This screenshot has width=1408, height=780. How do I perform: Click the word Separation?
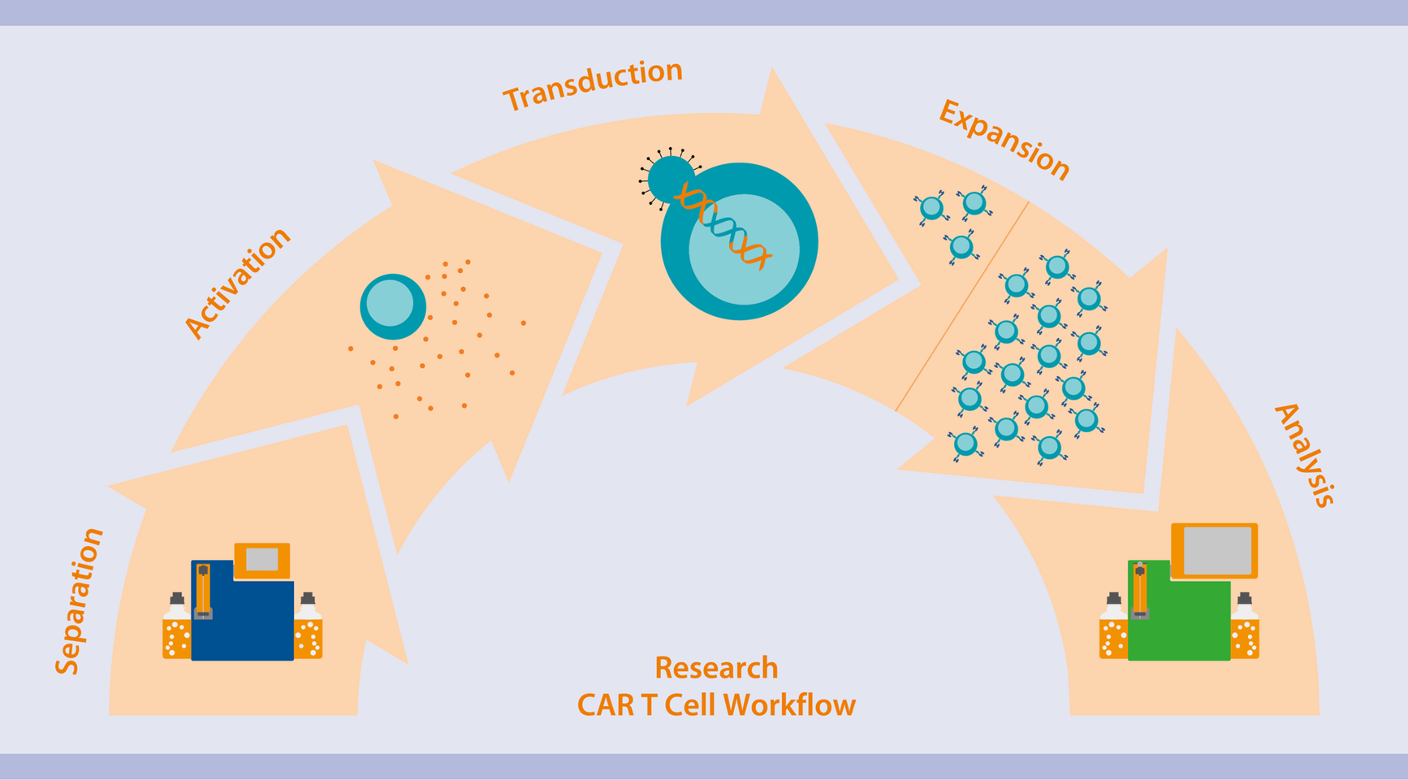pos(79,601)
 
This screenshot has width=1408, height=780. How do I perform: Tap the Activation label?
pos(236,282)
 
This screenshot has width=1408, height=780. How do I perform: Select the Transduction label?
pos(593,84)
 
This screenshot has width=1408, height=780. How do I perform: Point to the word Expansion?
pos(1004,139)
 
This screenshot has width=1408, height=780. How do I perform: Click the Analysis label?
pos(1305,455)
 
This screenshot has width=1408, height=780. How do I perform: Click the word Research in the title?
pos(716,668)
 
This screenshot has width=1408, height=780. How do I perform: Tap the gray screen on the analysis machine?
pos(1216,550)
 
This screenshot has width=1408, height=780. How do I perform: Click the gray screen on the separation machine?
pos(261,559)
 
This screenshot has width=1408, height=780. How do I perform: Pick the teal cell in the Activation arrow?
pos(392,306)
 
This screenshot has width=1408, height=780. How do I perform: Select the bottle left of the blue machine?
pos(176,630)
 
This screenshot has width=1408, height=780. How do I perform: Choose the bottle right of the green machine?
pos(1244,630)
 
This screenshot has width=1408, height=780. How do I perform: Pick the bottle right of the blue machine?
pos(309,630)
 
